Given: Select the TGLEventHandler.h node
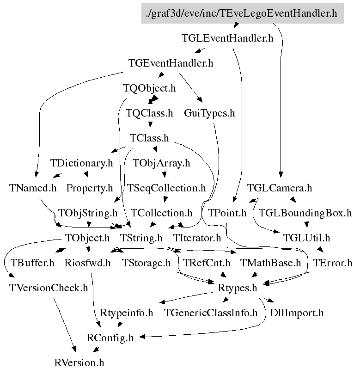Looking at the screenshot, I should click(x=227, y=38).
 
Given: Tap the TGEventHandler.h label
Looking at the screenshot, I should click(x=171, y=63).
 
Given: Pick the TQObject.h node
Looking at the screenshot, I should click(x=149, y=88).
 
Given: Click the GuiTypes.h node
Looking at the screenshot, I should click(x=209, y=113).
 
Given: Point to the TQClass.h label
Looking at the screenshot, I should click(x=149, y=113).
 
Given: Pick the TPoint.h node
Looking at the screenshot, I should click(x=227, y=213).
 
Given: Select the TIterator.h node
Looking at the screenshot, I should click(x=197, y=238).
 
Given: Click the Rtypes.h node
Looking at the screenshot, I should click(x=237, y=288).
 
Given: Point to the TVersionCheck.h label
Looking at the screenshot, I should click(x=49, y=288).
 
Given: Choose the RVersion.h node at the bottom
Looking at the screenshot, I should click(x=79, y=363).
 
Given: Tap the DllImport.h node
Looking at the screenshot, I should click(x=297, y=313).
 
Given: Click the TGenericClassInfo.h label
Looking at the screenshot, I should click(x=211, y=313).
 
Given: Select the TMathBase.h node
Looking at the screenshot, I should click(x=271, y=263).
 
